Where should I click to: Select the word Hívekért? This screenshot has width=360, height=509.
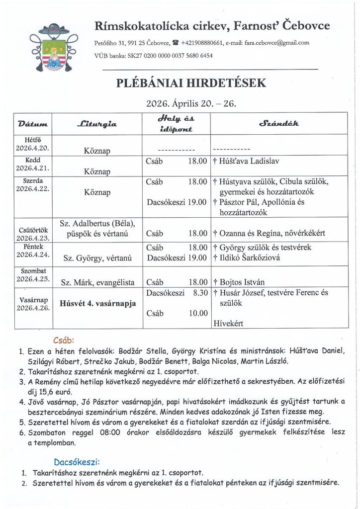(228, 324)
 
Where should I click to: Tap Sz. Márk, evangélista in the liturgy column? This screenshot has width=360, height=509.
(97, 282)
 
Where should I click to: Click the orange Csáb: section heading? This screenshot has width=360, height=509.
(64, 340)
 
